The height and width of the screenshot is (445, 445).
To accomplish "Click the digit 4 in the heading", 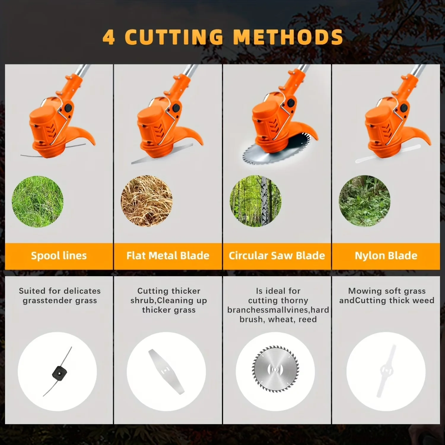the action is click(x=109, y=37).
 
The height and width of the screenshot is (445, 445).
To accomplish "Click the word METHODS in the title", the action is click(x=288, y=37).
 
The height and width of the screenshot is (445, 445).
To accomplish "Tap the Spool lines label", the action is click(x=59, y=256).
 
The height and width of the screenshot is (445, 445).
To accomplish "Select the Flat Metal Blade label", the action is click(x=168, y=255).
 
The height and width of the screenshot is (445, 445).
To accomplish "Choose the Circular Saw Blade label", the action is click(x=277, y=255).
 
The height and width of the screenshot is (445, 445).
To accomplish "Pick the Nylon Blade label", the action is click(x=386, y=255).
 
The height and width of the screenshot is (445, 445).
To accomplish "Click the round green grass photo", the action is click(x=37, y=201).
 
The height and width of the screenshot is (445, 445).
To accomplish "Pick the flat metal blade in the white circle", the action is click(x=166, y=371).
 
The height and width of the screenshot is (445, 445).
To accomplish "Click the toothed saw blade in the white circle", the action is click(x=275, y=370).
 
